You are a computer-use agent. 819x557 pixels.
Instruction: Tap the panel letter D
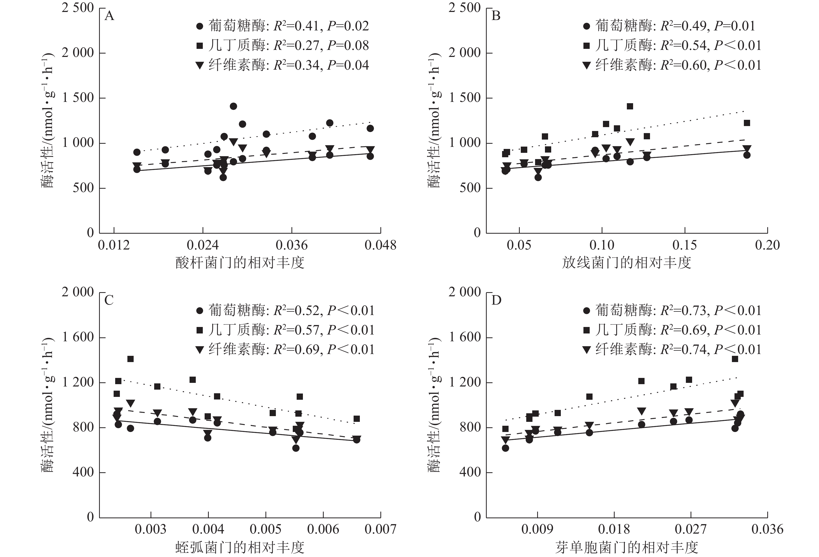[x=496, y=300]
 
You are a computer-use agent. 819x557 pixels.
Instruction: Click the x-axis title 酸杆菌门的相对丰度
[x=240, y=263]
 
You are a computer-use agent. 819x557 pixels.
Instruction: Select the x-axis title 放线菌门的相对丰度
[x=627, y=263]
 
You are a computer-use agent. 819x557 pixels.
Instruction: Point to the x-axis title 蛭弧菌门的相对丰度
[x=240, y=547]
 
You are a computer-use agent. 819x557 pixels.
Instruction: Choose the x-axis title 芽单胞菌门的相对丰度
[x=627, y=547]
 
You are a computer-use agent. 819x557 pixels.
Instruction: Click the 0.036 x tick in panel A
[x=292, y=245]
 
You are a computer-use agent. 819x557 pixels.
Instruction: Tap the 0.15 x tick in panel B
[x=685, y=245]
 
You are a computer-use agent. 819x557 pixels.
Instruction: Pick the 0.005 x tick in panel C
[x=265, y=529]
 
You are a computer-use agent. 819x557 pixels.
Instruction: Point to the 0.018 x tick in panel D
[x=614, y=529]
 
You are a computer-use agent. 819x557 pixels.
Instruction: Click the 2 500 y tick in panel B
[x=464, y=8]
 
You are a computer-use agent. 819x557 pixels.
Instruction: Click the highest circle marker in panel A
[x=233, y=106]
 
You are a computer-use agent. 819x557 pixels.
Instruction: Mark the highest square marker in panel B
[x=630, y=106]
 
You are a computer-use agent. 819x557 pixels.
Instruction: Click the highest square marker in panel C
[x=131, y=359]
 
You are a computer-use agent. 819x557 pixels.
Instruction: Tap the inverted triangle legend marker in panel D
[x=587, y=350]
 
